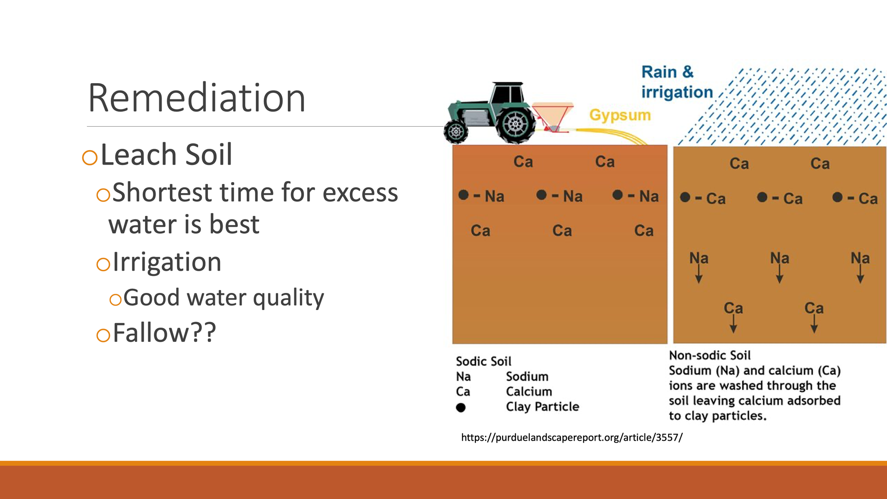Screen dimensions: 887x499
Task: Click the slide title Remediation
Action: [x=197, y=98]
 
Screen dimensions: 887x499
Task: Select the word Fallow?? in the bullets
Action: [x=164, y=332]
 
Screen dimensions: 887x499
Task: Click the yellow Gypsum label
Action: [x=620, y=115]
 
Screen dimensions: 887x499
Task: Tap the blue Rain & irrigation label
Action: [x=677, y=82]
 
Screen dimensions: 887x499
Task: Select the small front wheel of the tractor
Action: [x=456, y=132]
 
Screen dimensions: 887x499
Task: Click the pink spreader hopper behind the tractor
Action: [x=552, y=115]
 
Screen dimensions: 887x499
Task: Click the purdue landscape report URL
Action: [x=572, y=438]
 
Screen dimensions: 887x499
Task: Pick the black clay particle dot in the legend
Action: [x=461, y=408]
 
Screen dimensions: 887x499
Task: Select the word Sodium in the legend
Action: [x=527, y=377]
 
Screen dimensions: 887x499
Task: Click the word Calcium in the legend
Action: [x=529, y=392]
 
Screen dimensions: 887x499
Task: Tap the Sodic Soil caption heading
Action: [x=484, y=361]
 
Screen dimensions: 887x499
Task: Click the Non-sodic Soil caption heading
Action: [x=710, y=355]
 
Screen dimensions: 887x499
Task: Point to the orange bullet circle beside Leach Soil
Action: [x=90, y=158]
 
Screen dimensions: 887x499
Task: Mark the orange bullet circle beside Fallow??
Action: [x=103, y=335]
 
